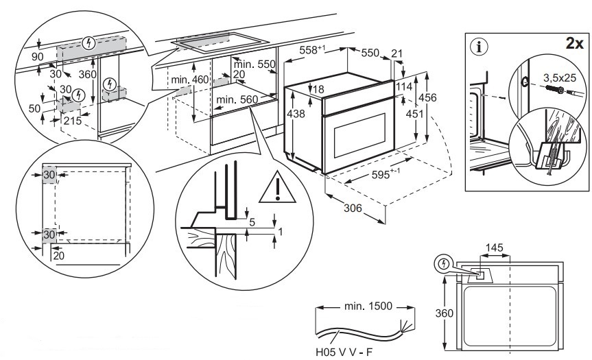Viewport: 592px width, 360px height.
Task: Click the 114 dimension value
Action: (404, 87)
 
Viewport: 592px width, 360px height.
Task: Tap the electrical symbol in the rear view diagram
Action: (444, 263)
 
